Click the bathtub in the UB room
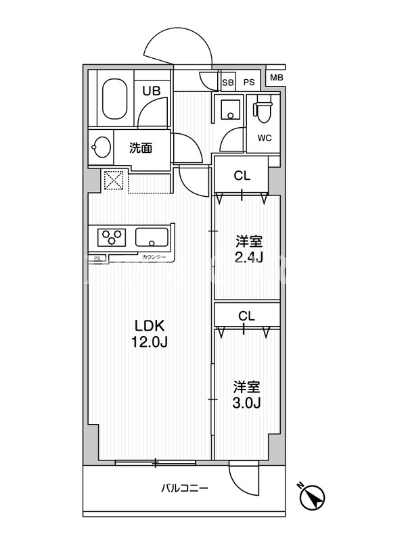[x=115, y=98]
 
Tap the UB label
[x=152, y=91]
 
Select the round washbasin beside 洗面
[x=101, y=147]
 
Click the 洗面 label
[x=141, y=148]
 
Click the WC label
[x=265, y=138]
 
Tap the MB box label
[x=276, y=78]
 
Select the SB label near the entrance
[x=228, y=83]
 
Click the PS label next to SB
[x=249, y=83]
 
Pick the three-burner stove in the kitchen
[x=112, y=237]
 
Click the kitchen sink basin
[x=152, y=237]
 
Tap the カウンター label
[x=154, y=258]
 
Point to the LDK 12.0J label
[x=150, y=333]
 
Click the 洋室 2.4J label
[x=249, y=249]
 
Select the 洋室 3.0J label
[x=246, y=395]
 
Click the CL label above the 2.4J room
[x=242, y=176]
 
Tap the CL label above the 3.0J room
[x=246, y=316]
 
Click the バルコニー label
[x=185, y=488]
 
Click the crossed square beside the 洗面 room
[x=114, y=179]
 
